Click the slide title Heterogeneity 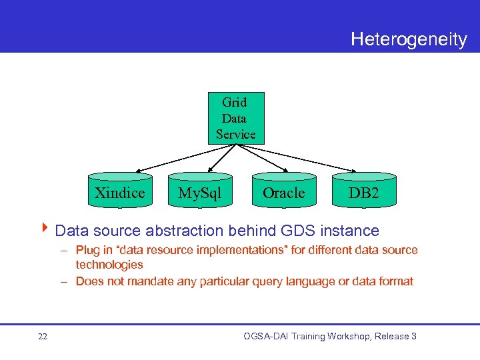point(409,39)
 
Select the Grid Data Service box point(235,118)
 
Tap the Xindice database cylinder point(119,191)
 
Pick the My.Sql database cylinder point(199,192)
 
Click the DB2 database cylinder point(364,192)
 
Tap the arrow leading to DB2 point(307,158)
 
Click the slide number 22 point(43,337)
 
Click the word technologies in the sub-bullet point(109,265)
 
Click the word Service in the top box point(235,134)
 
